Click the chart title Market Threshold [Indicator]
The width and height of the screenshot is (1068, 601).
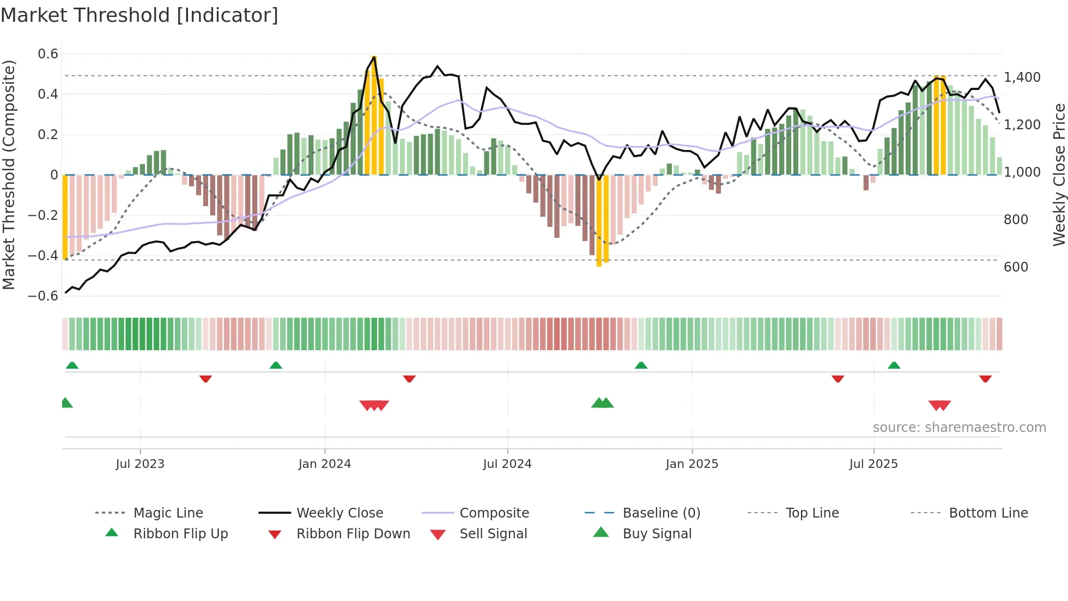coord(139,15)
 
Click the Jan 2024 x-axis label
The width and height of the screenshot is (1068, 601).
coord(325,464)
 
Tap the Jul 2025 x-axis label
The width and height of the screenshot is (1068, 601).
coord(873,464)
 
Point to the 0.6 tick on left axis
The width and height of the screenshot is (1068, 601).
coord(48,54)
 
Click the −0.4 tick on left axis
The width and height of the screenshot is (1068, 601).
coord(43,256)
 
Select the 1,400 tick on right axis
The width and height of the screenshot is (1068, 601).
coord(1022,77)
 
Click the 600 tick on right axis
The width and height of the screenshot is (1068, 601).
coord(1016,267)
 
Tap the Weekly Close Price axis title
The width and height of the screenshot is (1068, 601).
coord(1059,175)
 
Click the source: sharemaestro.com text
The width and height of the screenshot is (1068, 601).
coord(959,428)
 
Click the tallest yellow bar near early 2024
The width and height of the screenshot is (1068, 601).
coord(373,115)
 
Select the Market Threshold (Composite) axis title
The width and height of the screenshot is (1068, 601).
coord(9,175)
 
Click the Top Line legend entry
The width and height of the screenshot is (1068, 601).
coord(812,513)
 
